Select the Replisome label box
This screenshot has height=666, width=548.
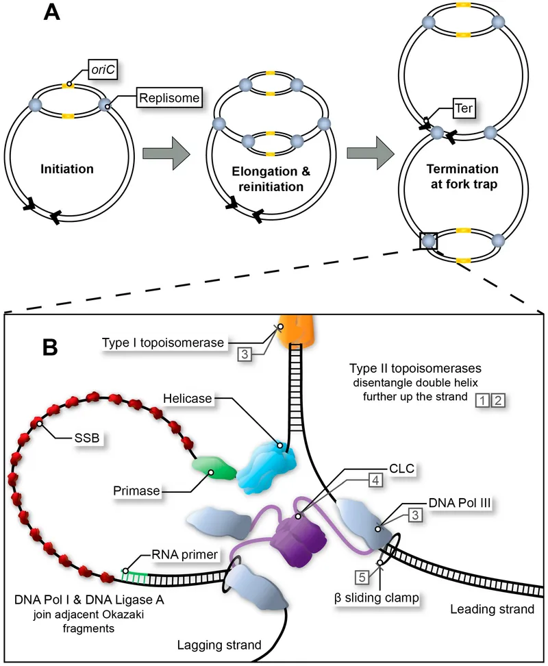(x=169, y=98)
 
